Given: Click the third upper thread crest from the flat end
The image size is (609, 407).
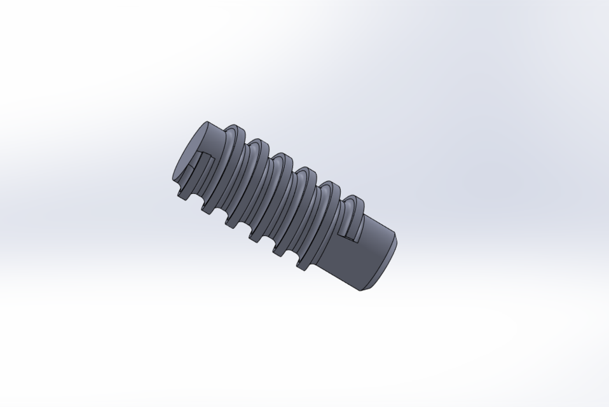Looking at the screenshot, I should [282, 156].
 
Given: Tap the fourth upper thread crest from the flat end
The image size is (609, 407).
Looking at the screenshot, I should [306, 171].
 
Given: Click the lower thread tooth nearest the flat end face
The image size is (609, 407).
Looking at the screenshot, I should [181, 193].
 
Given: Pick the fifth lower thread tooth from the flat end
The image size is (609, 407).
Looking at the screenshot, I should [280, 252].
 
